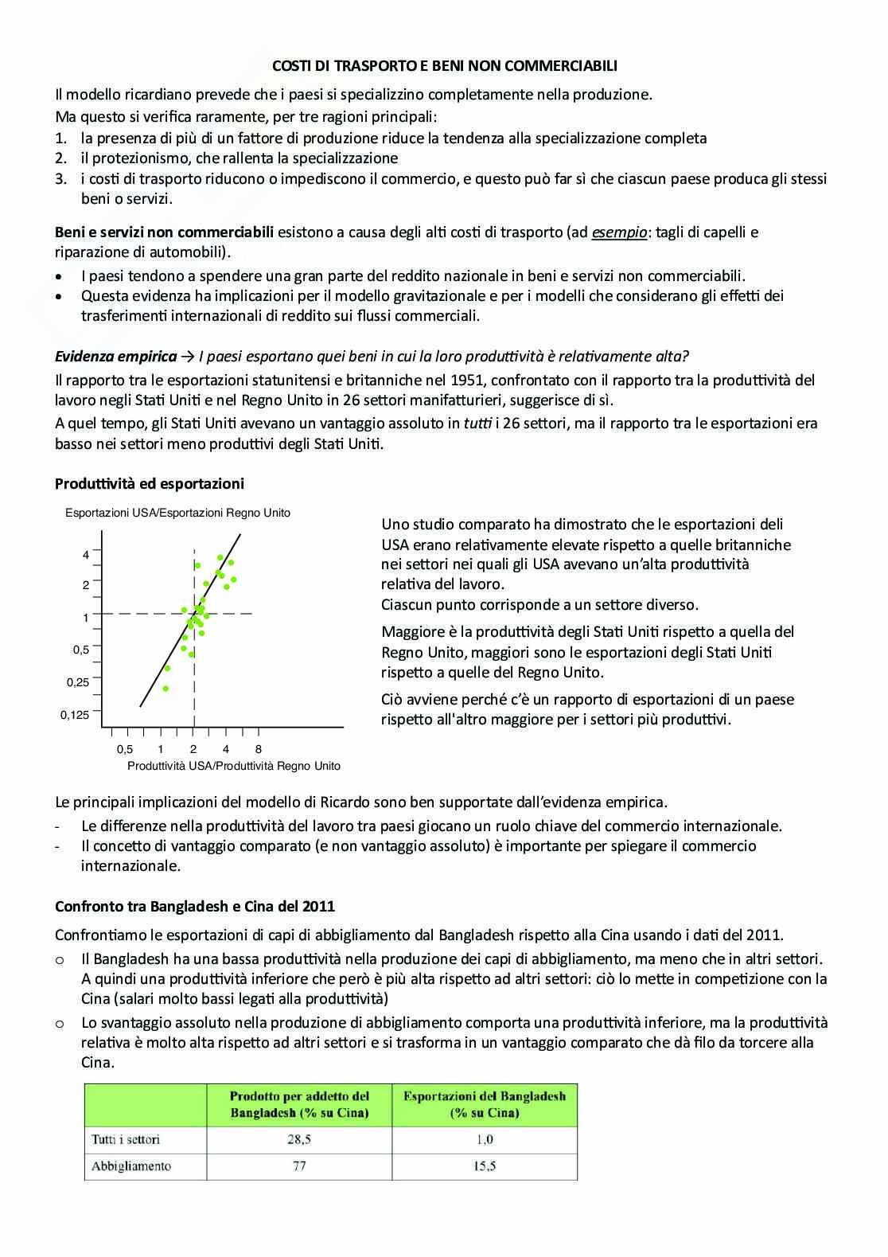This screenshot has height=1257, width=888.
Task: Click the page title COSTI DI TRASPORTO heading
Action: click(444, 67)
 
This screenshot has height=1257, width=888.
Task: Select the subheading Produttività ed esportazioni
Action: click(150, 483)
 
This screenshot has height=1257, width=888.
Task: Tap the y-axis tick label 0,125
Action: click(75, 715)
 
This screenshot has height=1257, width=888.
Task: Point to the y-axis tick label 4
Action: click(86, 555)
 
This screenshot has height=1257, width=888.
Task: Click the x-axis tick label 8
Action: click(259, 749)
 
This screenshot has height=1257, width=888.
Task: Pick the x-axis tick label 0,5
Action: click(125, 749)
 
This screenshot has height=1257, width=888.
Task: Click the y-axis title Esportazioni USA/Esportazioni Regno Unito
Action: click(177, 513)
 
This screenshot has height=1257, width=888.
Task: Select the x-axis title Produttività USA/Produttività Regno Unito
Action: click(234, 766)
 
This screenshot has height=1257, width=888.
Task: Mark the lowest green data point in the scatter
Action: click(166, 689)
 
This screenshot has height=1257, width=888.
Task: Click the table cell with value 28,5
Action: click(299, 1139)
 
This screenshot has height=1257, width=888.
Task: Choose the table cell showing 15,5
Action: click(484, 1166)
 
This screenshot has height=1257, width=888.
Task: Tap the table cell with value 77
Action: click(299, 1166)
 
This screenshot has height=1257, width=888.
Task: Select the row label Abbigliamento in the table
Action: click(131, 1166)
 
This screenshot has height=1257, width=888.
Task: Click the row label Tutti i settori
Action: click(126, 1139)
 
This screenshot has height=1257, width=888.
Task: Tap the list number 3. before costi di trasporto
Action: click(61, 178)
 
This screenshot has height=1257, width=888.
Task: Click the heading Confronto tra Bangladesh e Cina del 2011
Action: click(195, 906)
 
